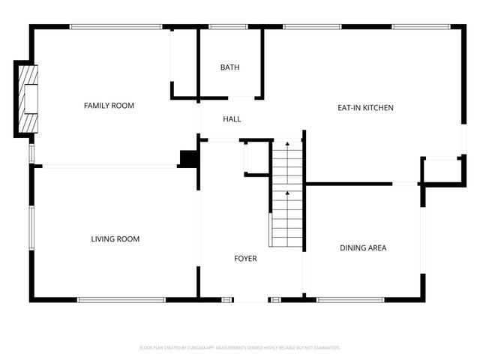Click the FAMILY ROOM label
click(109, 106)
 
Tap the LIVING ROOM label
click(115, 239)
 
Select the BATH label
click(229, 67)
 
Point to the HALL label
click(232, 119)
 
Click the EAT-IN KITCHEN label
click(365, 108)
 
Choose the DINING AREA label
click(363, 247)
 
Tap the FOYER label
click(245, 259)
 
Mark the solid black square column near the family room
click(188, 158)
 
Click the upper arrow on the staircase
click(286, 144)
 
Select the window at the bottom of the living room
click(121, 300)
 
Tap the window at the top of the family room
click(115, 28)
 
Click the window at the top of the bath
click(229, 28)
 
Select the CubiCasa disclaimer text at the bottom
click(240, 348)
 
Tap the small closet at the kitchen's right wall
click(441, 170)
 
